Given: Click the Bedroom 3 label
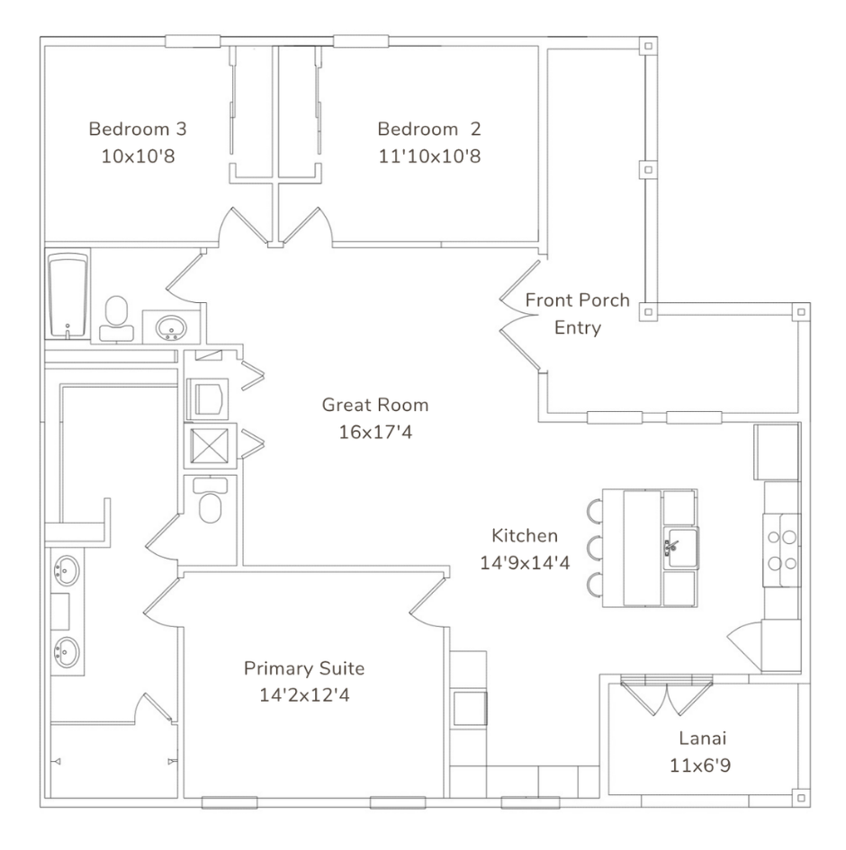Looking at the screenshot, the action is (x=138, y=129).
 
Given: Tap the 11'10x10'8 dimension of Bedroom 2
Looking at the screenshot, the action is (x=429, y=157).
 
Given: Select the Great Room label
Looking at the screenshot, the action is (x=375, y=405).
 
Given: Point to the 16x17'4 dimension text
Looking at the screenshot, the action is (x=375, y=432).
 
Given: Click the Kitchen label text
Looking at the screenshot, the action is (x=525, y=535).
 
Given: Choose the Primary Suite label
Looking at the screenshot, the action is (x=303, y=668).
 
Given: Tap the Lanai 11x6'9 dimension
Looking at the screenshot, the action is (x=700, y=765).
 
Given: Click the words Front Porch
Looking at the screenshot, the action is (x=578, y=300).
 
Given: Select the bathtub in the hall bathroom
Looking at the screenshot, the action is (x=67, y=295).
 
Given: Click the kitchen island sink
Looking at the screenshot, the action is (x=681, y=548).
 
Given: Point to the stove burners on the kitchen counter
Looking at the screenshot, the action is (x=782, y=550).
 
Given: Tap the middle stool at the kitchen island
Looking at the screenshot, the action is (x=595, y=548).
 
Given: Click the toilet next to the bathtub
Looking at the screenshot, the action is (x=117, y=318).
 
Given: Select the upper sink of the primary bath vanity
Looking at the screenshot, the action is (x=67, y=569).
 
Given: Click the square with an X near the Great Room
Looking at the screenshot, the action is (x=210, y=446).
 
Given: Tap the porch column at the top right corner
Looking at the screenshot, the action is (x=648, y=46).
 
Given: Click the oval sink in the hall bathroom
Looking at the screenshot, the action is (x=171, y=328).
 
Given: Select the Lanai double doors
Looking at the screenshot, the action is (x=667, y=695).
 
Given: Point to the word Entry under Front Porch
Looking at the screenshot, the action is (x=578, y=328).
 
